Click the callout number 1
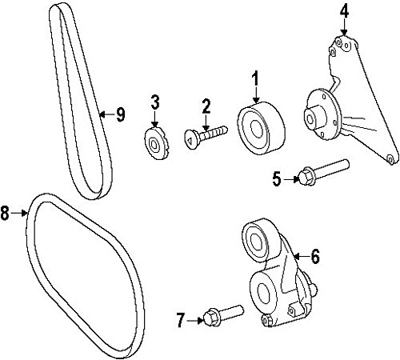point(255,78)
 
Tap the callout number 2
point(206,107)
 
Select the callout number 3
point(155,103)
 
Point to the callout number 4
point(344,11)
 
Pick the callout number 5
point(277,178)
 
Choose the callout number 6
point(315,257)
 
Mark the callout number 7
point(181,320)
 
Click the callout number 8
point(5,213)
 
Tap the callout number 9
point(121,114)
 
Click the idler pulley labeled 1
point(261,128)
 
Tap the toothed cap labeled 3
point(156,144)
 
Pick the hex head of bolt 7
point(212,317)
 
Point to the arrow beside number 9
point(107,114)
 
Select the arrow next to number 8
point(19,213)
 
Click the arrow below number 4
point(344,28)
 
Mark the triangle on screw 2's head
point(190,139)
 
